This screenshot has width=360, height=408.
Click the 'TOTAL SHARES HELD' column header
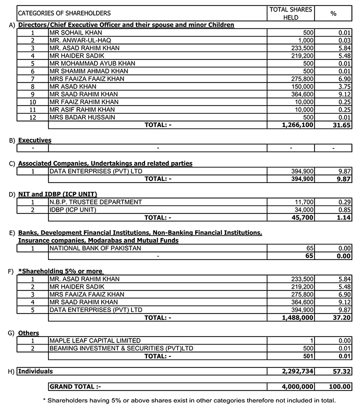tap(290, 13)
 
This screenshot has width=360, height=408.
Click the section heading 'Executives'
tap(34, 140)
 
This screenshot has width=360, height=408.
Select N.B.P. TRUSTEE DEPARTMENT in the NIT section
tap(95, 202)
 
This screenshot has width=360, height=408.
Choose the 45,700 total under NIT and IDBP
tap(302, 217)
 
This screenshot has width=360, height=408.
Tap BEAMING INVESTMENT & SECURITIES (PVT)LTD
tap(121, 348)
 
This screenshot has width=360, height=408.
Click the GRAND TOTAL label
tap(74, 386)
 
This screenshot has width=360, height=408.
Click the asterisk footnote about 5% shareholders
tap(189, 400)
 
